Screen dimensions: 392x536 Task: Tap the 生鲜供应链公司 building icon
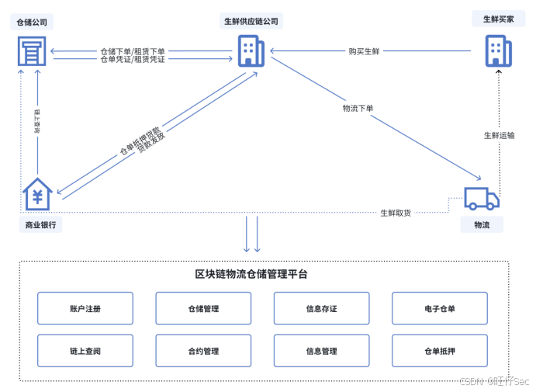(249, 51)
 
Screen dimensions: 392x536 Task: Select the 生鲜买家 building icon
(497, 51)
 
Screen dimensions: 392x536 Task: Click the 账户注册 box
(85, 308)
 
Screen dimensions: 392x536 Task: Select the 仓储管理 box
(203, 308)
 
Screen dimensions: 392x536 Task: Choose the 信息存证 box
(322, 308)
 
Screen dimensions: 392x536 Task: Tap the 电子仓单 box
(440, 308)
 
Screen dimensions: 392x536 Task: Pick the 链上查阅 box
(85, 351)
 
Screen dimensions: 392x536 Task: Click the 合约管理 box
(203, 351)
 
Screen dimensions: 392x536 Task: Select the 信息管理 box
(322, 351)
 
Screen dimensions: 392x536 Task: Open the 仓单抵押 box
(440, 351)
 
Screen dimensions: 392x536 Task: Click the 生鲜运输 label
(499, 135)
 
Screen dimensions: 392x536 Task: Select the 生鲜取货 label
(396, 213)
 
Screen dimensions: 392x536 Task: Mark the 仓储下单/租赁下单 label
(133, 51)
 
